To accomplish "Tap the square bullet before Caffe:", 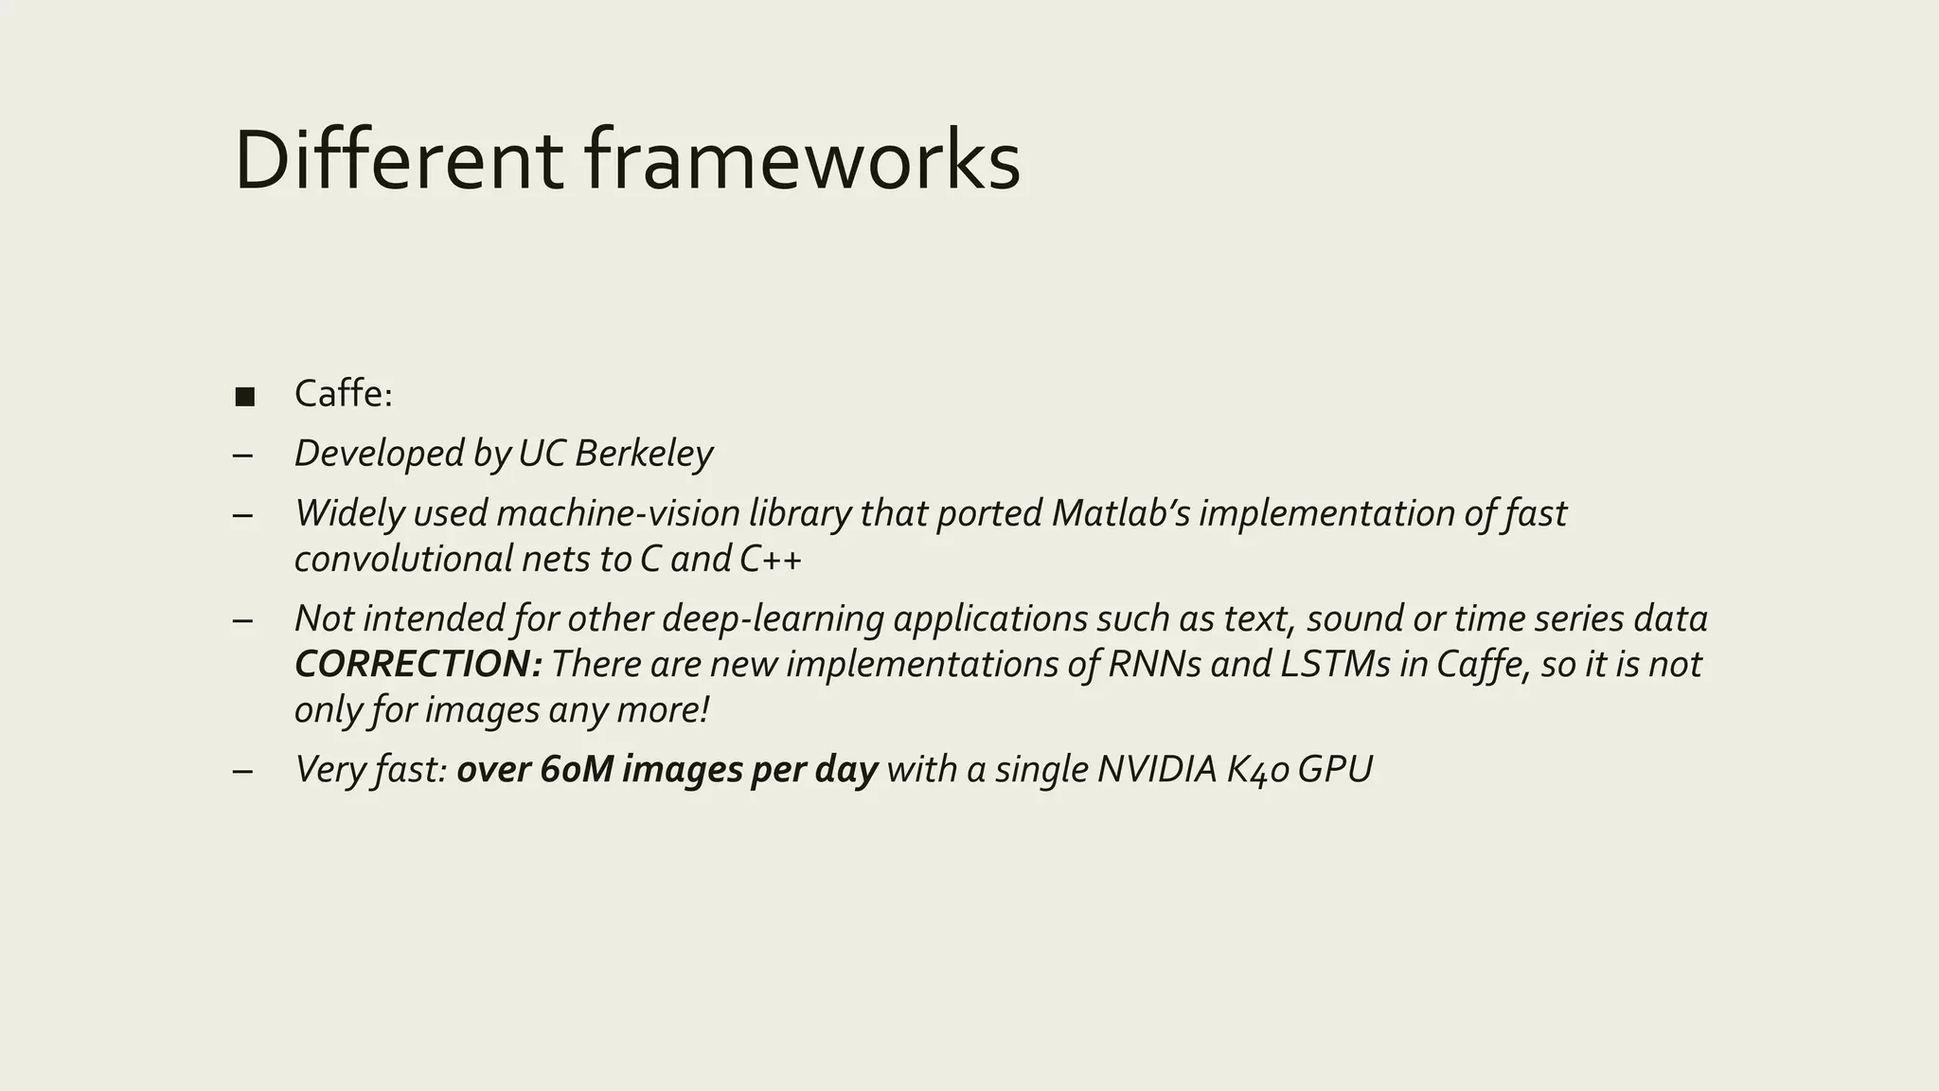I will (x=244, y=396).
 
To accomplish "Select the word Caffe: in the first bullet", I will (x=343, y=394).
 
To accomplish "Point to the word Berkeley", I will (x=643, y=454).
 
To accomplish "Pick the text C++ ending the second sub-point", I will (x=770, y=559).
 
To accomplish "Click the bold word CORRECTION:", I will (x=418, y=664).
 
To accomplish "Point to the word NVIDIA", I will (x=1156, y=769).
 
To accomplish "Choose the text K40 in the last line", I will (x=1257, y=769).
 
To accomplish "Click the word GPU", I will (x=1335, y=769).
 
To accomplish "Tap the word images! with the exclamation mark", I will (x=483, y=709).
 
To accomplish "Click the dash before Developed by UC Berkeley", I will (x=242, y=455).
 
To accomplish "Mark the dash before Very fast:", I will (x=242, y=770).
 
